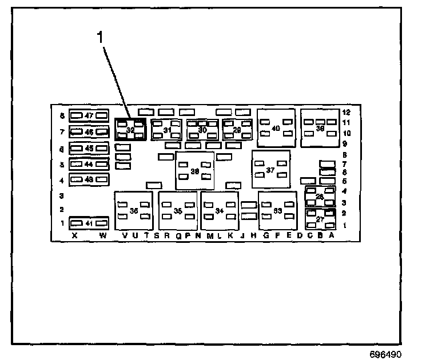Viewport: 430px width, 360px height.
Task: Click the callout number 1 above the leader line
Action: pos(101,38)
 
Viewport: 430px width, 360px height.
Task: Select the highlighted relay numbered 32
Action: pos(130,130)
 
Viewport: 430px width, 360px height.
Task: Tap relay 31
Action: pos(167,130)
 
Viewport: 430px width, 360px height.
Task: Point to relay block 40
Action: pos(276,128)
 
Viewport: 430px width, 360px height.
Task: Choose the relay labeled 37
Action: pos(270,170)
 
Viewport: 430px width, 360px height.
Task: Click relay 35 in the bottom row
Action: pos(178,211)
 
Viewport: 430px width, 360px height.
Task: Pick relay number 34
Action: pos(220,211)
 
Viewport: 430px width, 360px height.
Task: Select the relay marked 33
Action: pos(278,211)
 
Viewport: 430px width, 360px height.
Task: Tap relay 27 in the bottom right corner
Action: pos(320,219)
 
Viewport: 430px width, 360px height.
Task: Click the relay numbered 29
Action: pos(237,130)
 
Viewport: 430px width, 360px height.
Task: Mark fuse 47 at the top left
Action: pos(89,115)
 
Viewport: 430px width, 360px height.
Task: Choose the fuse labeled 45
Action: pos(89,148)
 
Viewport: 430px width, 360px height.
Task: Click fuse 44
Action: pos(89,164)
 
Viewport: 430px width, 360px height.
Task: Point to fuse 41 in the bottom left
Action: pos(89,222)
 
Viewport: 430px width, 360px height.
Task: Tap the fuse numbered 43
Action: pos(89,180)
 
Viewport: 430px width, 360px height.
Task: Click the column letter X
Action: pos(74,235)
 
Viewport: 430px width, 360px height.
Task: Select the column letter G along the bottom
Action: pos(265,235)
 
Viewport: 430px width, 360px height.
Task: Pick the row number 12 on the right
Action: pos(347,112)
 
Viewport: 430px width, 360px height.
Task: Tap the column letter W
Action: pos(103,235)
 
